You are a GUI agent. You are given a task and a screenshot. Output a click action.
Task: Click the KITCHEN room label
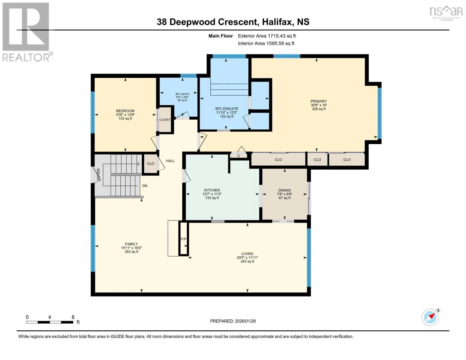[x=212, y=190]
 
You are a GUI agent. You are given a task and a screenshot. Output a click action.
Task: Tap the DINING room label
[x=284, y=190]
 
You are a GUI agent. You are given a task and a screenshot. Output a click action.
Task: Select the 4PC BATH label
[x=182, y=94]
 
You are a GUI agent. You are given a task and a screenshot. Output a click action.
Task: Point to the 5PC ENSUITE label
[x=227, y=109]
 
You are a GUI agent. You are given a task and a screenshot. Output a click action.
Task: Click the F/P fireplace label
[x=184, y=239]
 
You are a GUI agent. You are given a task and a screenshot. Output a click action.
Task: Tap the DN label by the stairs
[x=145, y=186]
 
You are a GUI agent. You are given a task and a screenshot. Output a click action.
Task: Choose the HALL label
[x=170, y=161]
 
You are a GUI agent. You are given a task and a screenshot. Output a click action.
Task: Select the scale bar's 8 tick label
[x=73, y=317]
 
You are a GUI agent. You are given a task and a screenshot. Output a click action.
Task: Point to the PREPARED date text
[x=233, y=321]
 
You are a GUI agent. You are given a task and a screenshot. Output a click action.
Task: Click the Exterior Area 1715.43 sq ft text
[x=267, y=36]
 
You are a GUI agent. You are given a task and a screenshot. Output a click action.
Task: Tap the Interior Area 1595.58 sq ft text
[x=266, y=43]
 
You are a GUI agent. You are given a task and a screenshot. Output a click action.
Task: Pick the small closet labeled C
[x=239, y=155]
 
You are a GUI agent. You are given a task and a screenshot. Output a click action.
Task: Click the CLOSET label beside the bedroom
[x=165, y=120]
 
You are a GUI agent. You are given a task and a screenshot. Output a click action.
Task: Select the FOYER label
[x=98, y=174]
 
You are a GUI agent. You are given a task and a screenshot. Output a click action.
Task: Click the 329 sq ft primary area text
[x=319, y=109]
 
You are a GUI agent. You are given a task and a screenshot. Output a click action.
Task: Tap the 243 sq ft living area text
[x=247, y=261]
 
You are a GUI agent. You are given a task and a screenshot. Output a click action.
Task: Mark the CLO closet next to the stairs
[x=150, y=163]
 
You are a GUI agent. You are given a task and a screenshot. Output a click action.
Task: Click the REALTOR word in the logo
[x=26, y=58]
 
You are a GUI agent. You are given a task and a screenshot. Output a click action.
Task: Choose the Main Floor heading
[x=221, y=36]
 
